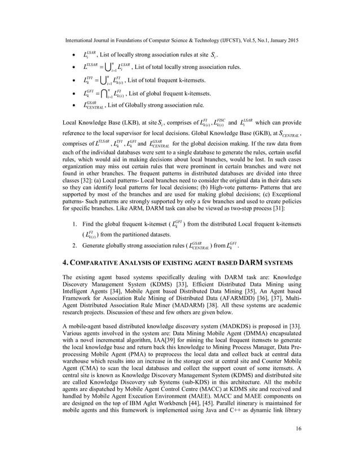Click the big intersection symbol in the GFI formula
tap(107, 93)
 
